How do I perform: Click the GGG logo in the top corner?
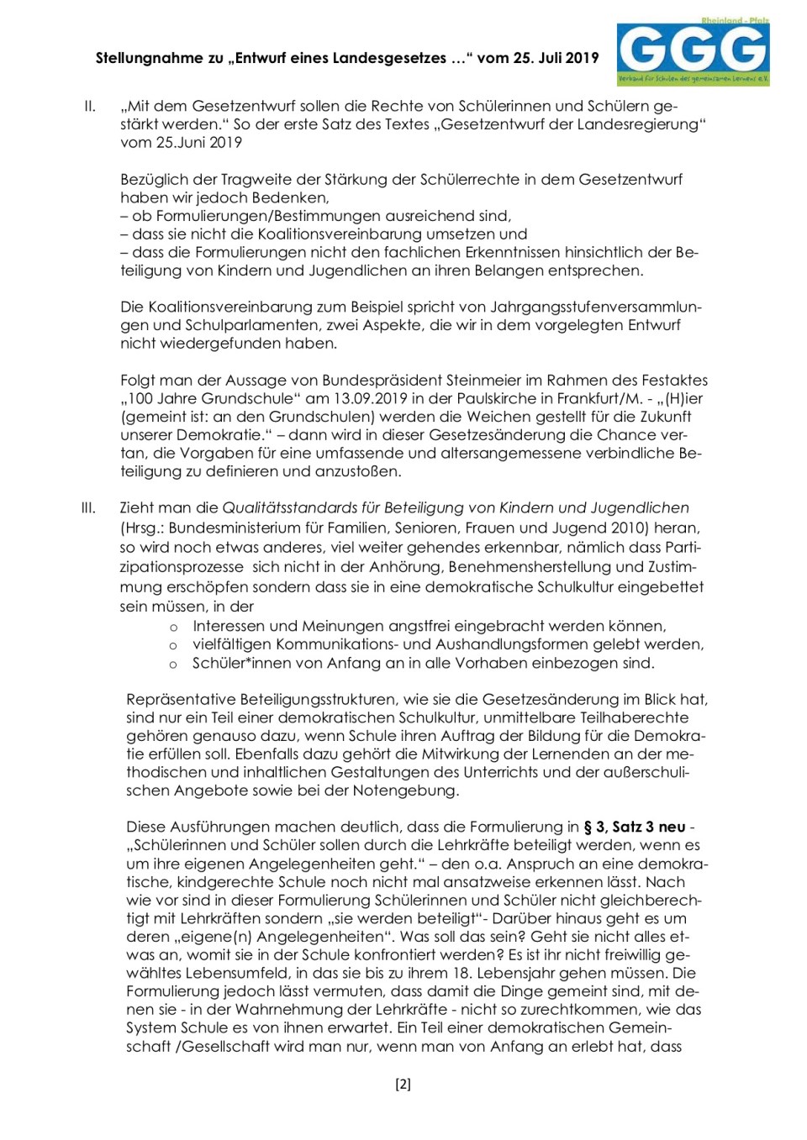pyautogui.click(x=694, y=52)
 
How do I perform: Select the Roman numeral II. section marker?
pyautogui.click(x=89, y=107)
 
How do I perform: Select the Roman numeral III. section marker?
pyautogui.click(x=88, y=508)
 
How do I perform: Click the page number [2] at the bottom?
pyautogui.click(x=403, y=1084)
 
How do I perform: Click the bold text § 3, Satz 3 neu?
pyautogui.click(x=634, y=827)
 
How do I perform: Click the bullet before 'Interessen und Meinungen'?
pyautogui.click(x=173, y=627)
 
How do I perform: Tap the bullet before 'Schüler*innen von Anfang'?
pyautogui.click(x=173, y=664)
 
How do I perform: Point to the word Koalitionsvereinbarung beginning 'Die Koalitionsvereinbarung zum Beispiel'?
pyautogui.click(x=229, y=307)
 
